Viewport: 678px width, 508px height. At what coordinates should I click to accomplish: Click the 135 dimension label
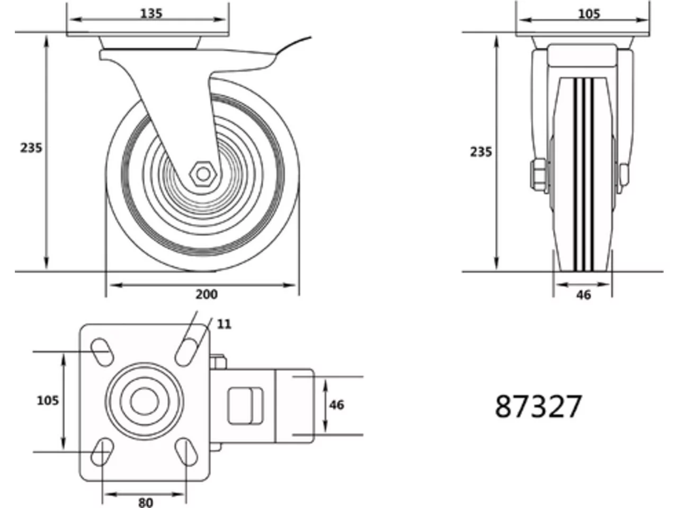point(151,14)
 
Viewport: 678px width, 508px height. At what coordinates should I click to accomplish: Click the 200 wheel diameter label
point(207,294)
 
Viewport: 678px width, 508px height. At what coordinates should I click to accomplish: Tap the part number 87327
point(538,406)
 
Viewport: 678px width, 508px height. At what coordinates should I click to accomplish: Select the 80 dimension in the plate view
point(145,503)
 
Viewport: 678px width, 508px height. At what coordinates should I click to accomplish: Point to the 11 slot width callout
point(224,324)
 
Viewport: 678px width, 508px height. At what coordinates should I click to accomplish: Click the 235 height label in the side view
point(31,148)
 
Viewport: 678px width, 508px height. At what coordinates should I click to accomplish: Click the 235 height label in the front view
point(480,152)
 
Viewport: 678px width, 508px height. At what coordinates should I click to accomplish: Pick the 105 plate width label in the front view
point(588,14)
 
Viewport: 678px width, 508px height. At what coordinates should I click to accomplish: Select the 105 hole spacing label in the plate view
point(48,401)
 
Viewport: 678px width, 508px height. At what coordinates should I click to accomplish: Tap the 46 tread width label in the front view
point(583,295)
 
